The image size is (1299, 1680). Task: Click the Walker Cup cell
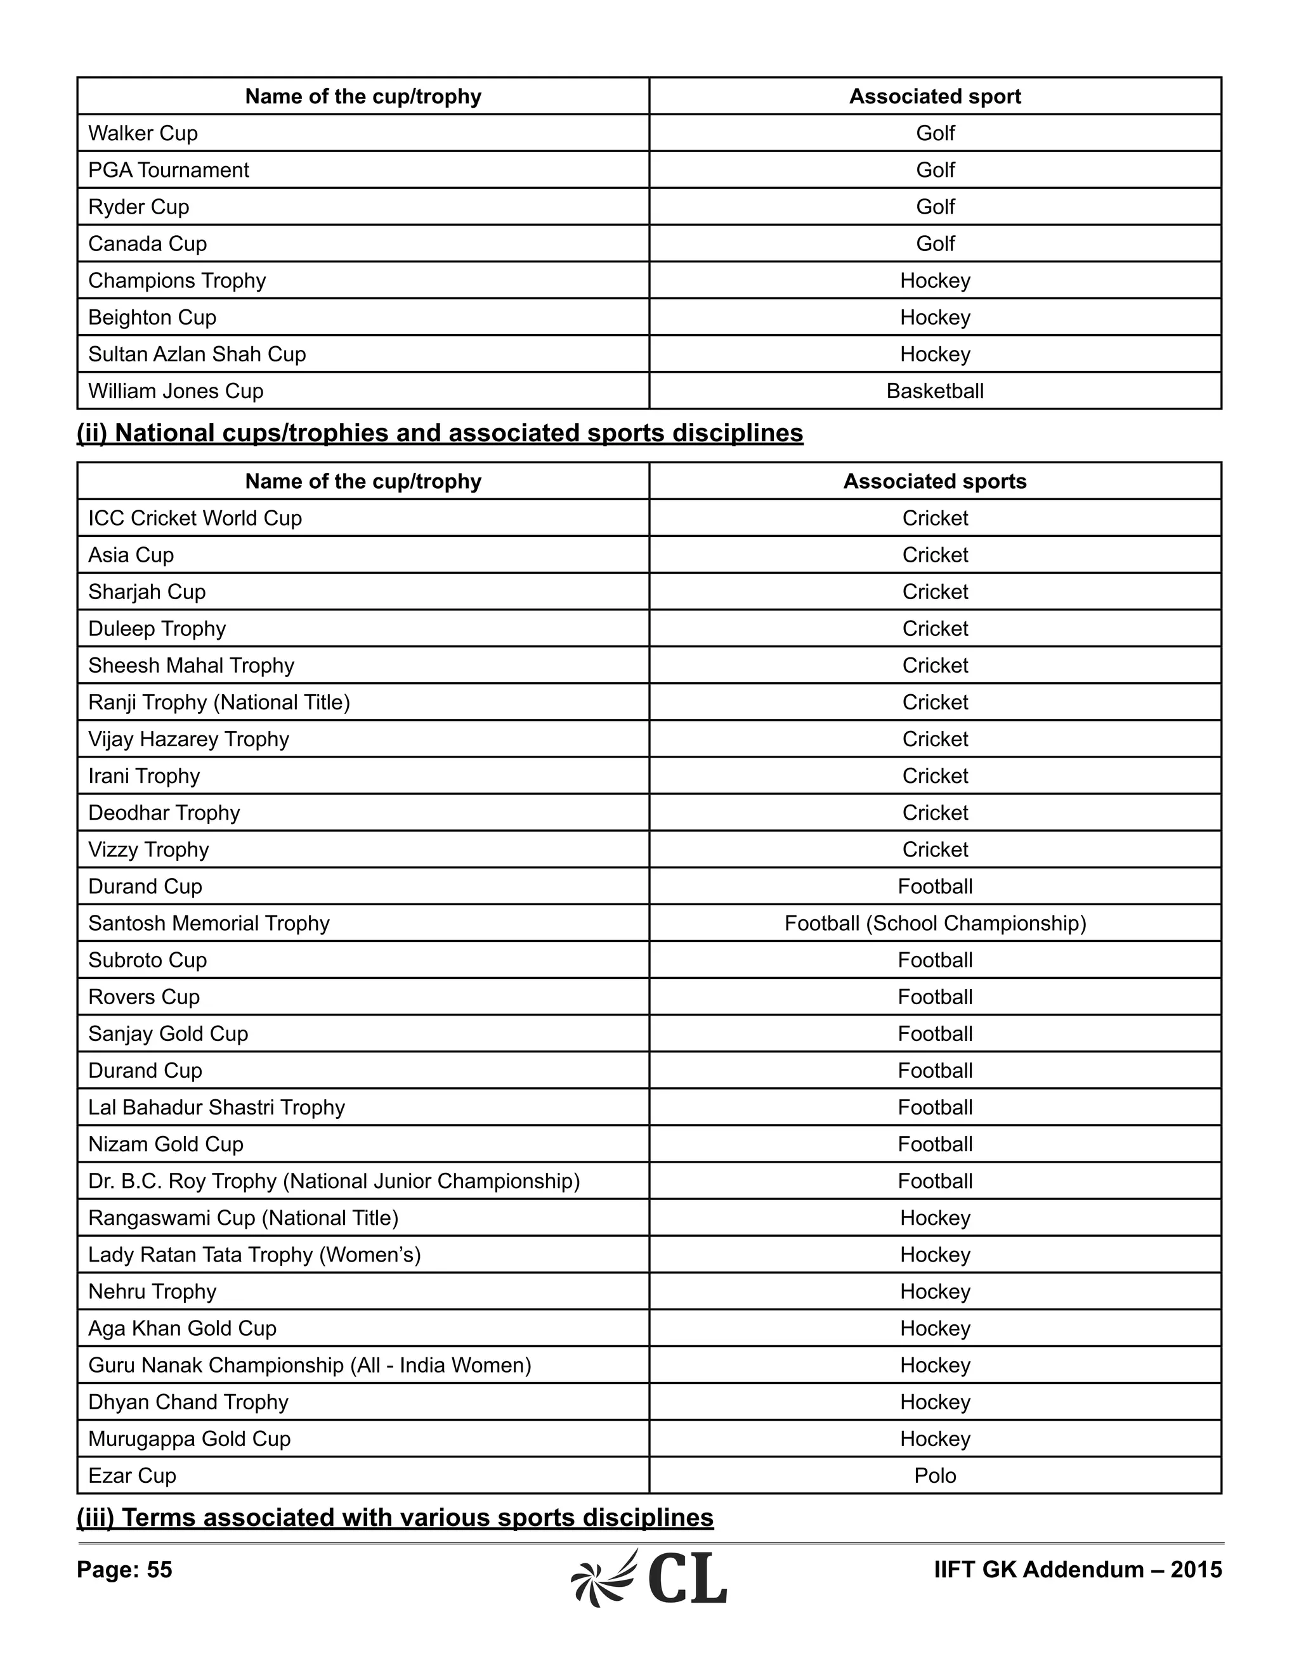pyautogui.click(x=143, y=133)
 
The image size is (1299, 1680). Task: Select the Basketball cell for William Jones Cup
pyautogui.click(x=934, y=391)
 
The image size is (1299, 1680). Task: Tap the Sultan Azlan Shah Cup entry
pyautogui.click(x=197, y=354)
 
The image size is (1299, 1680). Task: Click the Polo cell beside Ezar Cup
pyautogui.click(x=934, y=1475)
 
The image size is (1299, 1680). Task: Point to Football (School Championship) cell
pyautogui.click(x=934, y=923)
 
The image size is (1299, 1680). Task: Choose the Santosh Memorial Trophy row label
pyautogui.click(x=209, y=923)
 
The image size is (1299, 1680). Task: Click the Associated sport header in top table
pyautogui.click(x=934, y=96)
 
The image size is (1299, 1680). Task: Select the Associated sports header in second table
pyautogui.click(x=934, y=482)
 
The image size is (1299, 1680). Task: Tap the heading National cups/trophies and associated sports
pyautogui.click(x=440, y=433)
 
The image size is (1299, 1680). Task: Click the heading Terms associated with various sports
pyautogui.click(x=395, y=1518)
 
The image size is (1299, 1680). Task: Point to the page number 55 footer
pyautogui.click(x=125, y=1570)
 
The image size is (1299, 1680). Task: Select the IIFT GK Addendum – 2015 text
pyautogui.click(x=1078, y=1570)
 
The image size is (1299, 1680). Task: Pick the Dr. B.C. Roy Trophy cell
pyautogui.click(x=334, y=1181)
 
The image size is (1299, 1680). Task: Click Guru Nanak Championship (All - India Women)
pyautogui.click(x=310, y=1365)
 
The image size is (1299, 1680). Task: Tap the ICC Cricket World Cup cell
pyautogui.click(x=195, y=519)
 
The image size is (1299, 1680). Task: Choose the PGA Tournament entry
pyautogui.click(x=169, y=170)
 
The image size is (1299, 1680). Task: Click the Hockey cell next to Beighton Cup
pyautogui.click(x=934, y=317)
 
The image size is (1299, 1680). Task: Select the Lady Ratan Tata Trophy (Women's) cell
pyautogui.click(x=254, y=1255)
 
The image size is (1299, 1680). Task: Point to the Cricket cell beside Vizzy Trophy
pyautogui.click(x=934, y=850)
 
